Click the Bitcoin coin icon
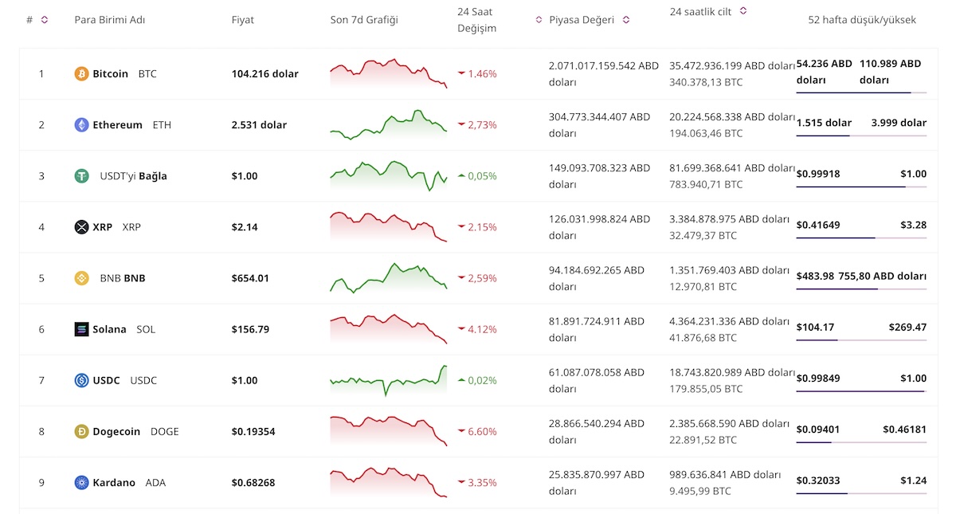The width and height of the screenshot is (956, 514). pyautogui.click(x=81, y=74)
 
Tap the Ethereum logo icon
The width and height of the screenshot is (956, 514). pyautogui.click(x=81, y=125)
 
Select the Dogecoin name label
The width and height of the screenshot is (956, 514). pyautogui.click(x=116, y=432)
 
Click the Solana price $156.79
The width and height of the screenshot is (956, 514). pyautogui.click(x=251, y=329)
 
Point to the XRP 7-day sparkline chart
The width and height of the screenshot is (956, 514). pyautogui.click(x=389, y=226)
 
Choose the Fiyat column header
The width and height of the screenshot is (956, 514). pyautogui.click(x=243, y=20)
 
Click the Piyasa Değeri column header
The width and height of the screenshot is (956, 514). pyautogui.click(x=582, y=20)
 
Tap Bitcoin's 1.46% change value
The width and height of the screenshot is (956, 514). pyautogui.click(x=482, y=74)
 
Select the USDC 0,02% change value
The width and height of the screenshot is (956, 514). pyautogui.click(x=482, y=381)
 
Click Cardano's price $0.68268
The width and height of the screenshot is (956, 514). pyautogui.click(x=254, y=483)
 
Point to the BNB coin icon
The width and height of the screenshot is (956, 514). pyautogui.click(x=81, y=278)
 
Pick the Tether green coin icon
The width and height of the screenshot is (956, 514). pyautogui.click(x=81, y=176)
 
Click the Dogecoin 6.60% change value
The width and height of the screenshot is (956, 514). pyautogui.click(x=482, y=432)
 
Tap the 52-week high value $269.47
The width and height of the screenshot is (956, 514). pyautogui.click(x=907, y=328)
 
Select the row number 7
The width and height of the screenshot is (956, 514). pyautogui.click(x=41, y=381)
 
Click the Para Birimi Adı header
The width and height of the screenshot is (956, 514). pyautogui.click(x=110, y=20)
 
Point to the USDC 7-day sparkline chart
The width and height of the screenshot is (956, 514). pyautogui.click(x=389, y=380)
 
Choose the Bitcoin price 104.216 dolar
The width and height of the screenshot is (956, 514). pyautogui.click(x=265, y=74)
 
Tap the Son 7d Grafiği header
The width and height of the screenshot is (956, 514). pyautogui.click(x=364, y=20)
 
